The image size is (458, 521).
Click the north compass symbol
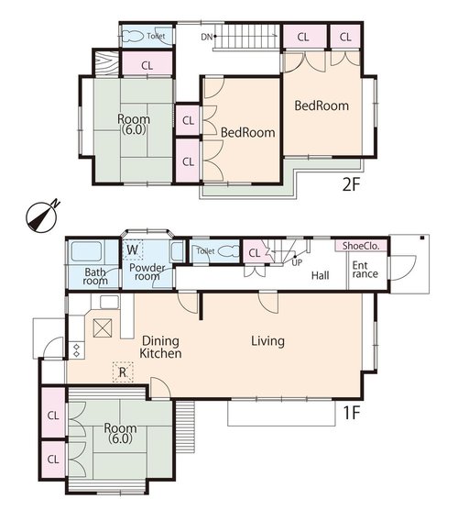point(42,216)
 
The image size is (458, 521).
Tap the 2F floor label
point(351,184)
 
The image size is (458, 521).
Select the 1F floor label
point(351,413)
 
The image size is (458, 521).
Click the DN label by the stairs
point(206,37)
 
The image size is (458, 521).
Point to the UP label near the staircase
point(297,262)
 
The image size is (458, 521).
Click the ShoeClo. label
point(361,246)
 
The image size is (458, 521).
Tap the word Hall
point(321,275)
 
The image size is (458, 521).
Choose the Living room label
point(267,341)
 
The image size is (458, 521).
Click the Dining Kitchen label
point(160,347)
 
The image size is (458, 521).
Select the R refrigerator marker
point(123,372)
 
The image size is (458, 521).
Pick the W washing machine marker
point(132,249)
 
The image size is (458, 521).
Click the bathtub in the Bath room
point(87,251)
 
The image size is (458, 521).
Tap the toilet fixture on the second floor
point(133,36)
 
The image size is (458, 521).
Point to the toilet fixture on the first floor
point(229,251)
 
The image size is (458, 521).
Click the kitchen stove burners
point(76,350)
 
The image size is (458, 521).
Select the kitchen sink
point(109,302)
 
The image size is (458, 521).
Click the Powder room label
point(147,272)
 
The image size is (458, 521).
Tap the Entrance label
point(365,270)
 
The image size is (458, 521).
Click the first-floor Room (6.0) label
point(120,433)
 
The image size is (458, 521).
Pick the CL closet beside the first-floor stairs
point(255,253)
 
